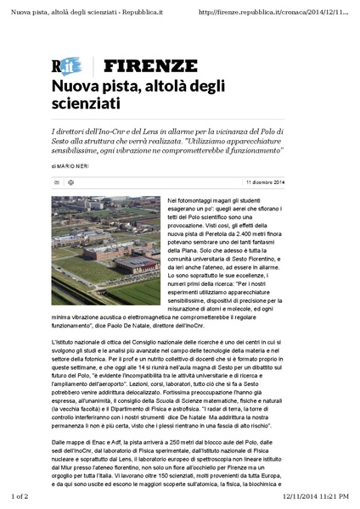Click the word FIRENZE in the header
click(150, 65)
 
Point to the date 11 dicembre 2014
click(265, 182)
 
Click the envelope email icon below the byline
click(57, 182)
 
